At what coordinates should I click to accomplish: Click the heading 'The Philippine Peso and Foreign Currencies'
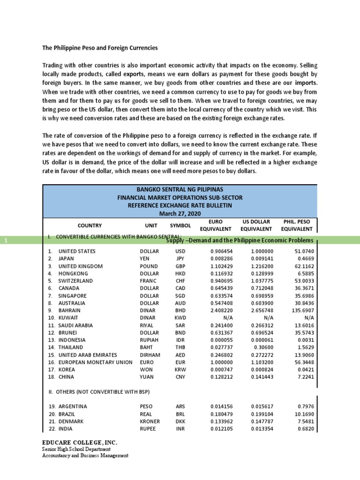pyautogui.click(x=100, y=48)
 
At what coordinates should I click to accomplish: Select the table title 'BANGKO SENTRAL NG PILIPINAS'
pyautogui.click(x=180, y=188)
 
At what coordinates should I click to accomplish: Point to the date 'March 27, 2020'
pyautogui.click(x=180, y=214)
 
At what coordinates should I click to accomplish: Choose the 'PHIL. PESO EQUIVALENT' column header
pyautogui.click(x=296, y=225)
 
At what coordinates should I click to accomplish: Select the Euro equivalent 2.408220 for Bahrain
pyautogui.click(x=218, y=310)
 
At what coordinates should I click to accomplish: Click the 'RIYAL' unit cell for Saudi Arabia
pyautogui.click(x=148, y=325)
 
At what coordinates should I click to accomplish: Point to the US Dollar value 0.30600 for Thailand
pyautogui.click(x=261, y=347)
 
